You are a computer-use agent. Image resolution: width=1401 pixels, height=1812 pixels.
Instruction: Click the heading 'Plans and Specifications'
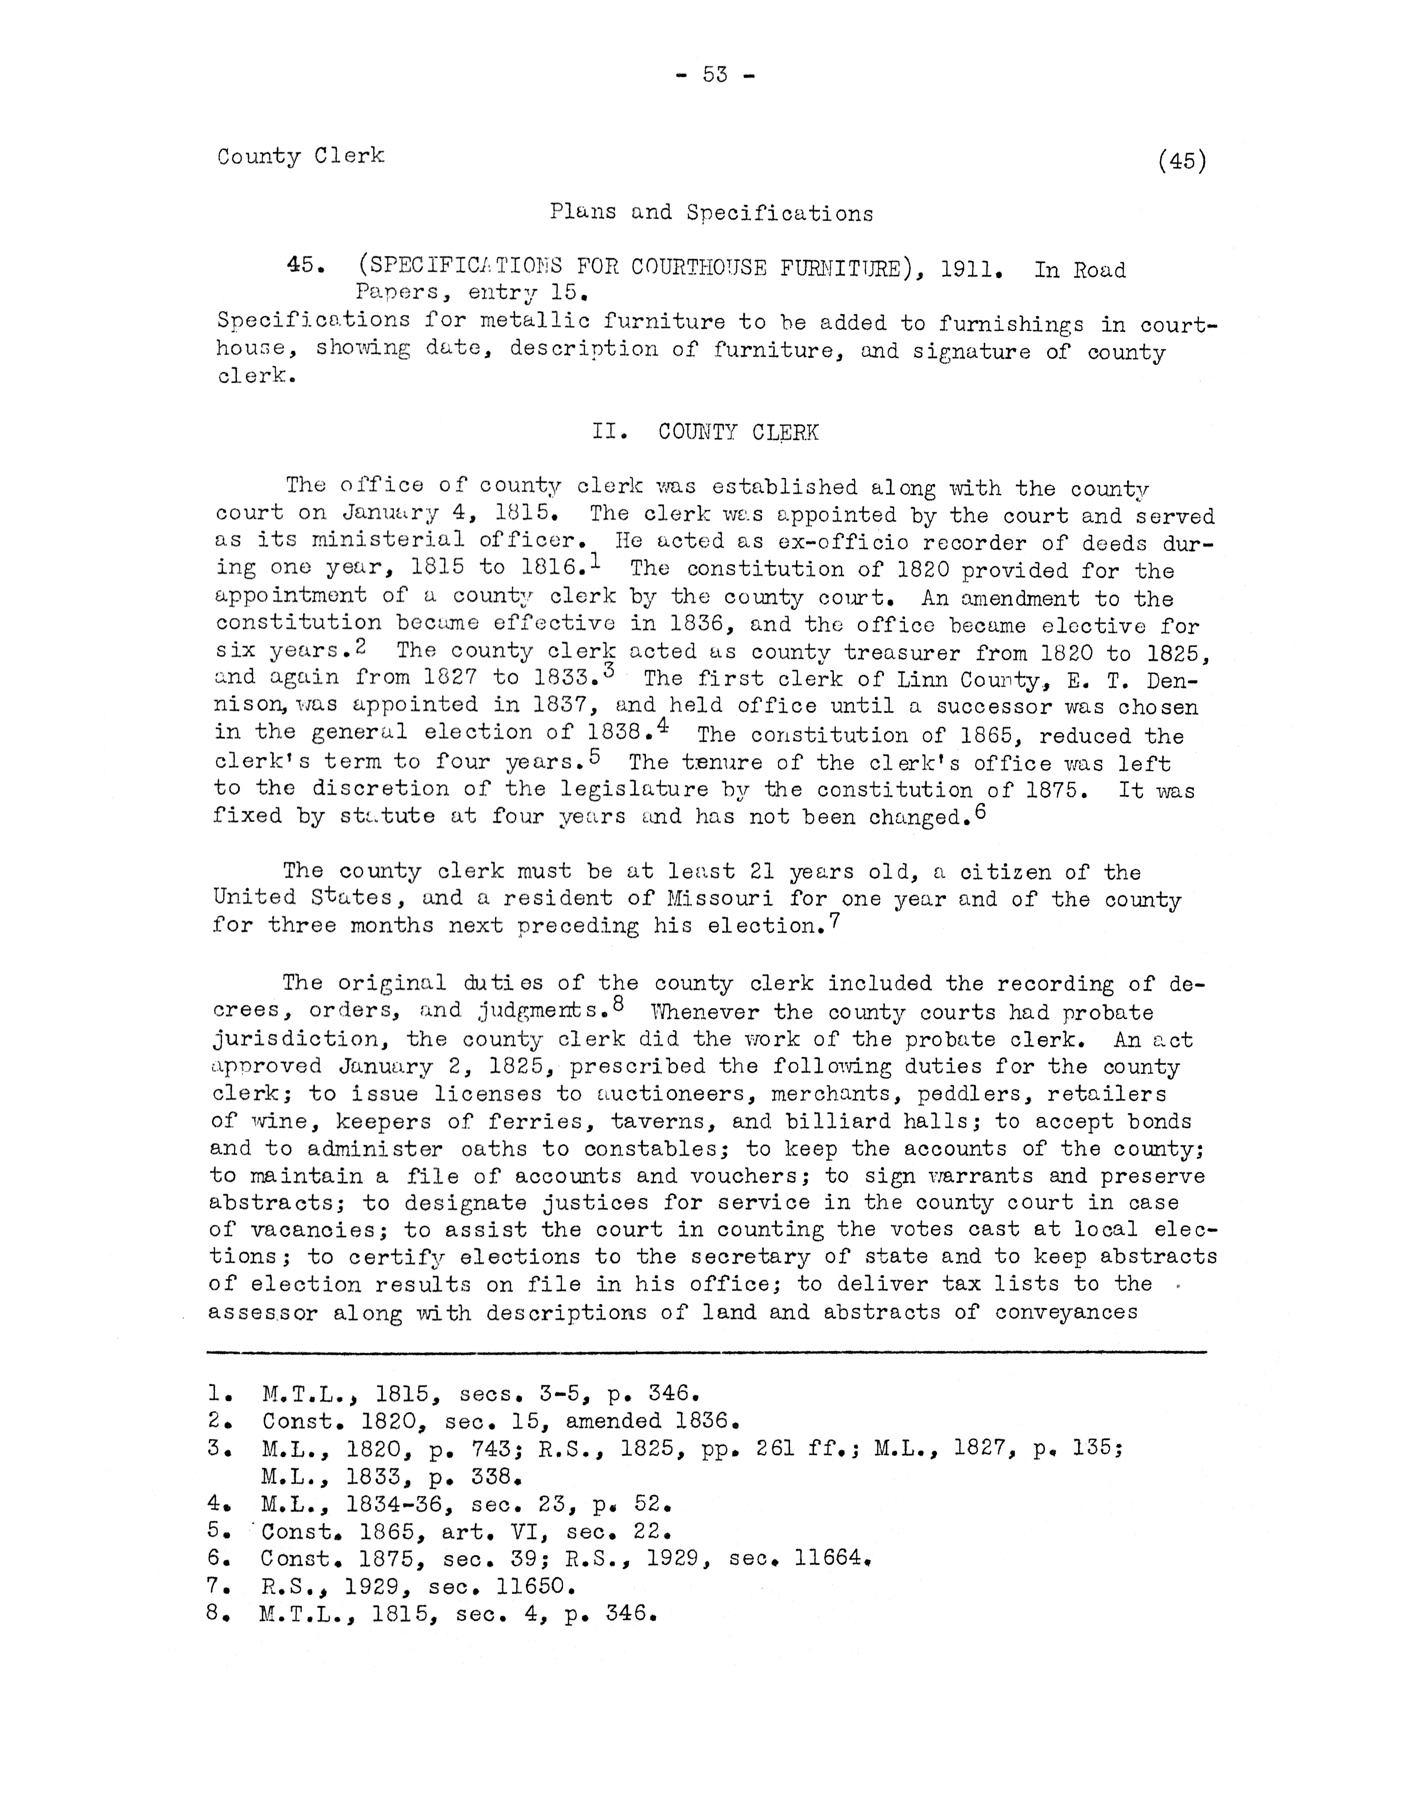point(711,213)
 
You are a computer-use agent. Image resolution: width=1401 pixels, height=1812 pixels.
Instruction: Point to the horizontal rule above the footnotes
point(705,1352)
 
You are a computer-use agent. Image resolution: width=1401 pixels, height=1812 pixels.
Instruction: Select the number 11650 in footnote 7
point(534,1586)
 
